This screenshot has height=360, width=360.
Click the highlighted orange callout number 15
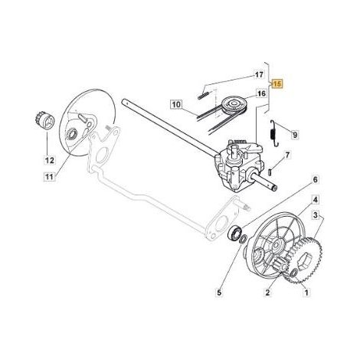278,83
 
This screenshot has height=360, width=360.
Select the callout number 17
259,75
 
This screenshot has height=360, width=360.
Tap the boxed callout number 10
176,104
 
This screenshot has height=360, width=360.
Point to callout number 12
50,160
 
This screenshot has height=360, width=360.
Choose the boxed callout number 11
49,176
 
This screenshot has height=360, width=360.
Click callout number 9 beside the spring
295,134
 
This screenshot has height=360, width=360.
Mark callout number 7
287,155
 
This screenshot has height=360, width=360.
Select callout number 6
316,179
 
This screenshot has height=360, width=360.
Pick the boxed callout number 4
316,200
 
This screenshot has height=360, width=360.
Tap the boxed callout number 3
316,215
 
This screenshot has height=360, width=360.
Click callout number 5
219,293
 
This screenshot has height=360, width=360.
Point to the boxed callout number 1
306,293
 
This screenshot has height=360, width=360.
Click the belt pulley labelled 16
233,105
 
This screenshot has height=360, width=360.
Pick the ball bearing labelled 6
234,232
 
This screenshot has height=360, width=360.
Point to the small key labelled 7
271,172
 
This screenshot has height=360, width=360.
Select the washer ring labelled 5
244,239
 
